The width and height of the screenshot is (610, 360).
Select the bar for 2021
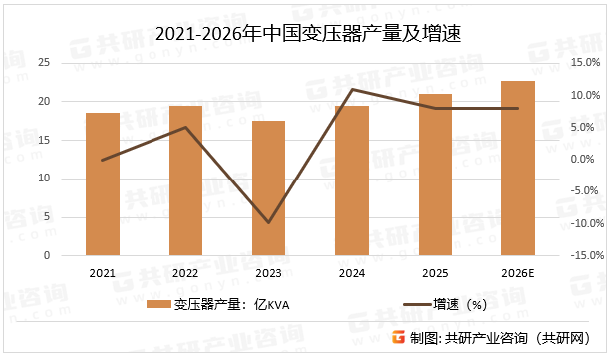[102, 184]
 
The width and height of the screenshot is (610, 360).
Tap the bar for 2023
[268, 188]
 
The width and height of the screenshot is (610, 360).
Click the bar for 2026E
[518, 169]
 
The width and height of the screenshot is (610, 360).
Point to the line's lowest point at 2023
[268, 222]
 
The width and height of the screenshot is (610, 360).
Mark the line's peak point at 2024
[351, 90]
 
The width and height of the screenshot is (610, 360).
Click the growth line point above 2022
[184, 127]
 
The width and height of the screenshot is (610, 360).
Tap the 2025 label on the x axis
[435, 273]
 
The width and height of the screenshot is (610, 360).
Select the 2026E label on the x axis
[518, 273]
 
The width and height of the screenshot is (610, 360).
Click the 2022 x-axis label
[184, 273]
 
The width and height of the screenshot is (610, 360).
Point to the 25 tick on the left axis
[43, 63]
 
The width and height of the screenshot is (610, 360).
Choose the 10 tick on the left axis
[43, 179]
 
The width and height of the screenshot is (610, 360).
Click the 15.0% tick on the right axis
[584, 63]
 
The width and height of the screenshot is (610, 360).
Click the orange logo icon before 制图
[396, 338]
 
